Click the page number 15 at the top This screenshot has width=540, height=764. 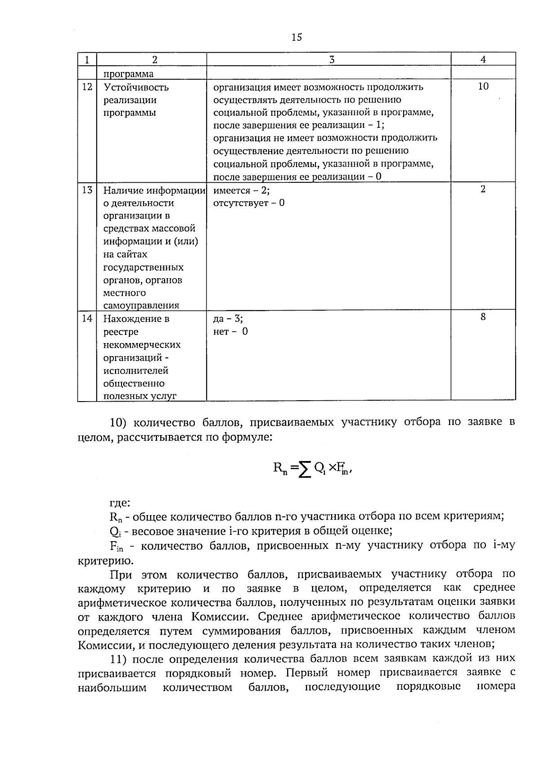point(297,37)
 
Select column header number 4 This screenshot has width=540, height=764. point(483,59)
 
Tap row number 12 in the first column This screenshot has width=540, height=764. point(87,87)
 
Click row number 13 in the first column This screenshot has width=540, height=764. point(87,190)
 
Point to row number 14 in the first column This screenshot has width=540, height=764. point(87,318)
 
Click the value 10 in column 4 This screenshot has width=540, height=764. point(483,86)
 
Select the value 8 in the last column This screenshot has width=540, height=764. point(483,317)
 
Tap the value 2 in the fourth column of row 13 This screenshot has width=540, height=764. point(483,189)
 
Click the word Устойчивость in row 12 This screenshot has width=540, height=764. point(136,87)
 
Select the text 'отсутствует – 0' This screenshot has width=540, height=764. point(248,203)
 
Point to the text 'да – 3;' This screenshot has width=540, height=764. point(228,319)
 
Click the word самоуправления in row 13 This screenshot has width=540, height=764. point(141,305)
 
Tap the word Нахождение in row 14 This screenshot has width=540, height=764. point(136,319)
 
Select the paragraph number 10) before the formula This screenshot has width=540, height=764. point(120,423)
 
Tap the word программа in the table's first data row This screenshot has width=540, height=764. point(128,74)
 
